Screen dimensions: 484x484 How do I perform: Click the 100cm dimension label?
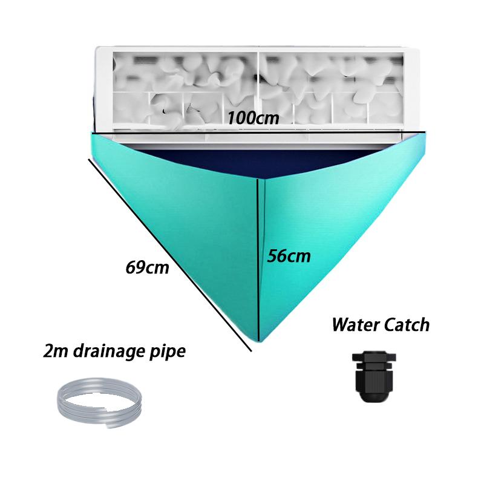253,117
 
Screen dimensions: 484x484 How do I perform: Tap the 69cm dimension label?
147,267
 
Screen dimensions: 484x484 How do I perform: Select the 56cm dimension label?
289,256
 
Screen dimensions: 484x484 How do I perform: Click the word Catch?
405,325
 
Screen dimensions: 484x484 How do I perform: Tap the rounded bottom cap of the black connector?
374,397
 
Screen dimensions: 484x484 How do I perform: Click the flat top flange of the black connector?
374,356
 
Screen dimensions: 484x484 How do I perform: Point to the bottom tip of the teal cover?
259,342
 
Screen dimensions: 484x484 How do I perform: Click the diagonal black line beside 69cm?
170,255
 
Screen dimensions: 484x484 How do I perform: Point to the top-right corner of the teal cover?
425,132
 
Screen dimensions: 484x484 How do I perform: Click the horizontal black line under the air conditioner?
258,132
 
